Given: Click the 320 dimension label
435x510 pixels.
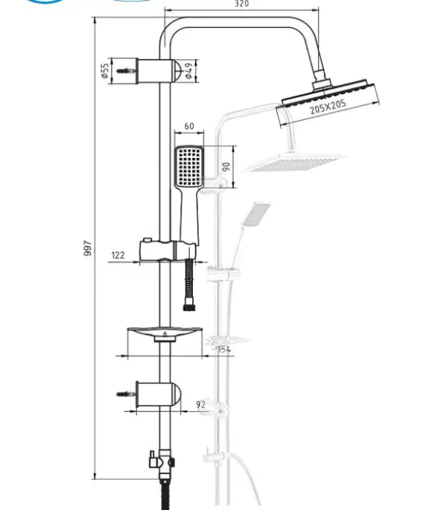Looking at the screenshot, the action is pos(241,4).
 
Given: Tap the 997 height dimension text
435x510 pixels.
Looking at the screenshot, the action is pos(87,248).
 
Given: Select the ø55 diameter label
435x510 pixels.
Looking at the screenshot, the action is pos(105,71).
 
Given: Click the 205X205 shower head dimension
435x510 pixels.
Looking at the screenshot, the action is pos(328,107).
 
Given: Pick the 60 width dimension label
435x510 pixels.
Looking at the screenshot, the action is pos(189,126).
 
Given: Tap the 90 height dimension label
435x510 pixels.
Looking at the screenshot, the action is pos(226,167).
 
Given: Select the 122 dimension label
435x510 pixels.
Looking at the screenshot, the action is pos(118,255).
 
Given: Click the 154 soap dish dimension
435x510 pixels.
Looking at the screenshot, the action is pos(224,349).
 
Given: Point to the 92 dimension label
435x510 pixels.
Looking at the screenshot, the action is pos(201,405).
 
